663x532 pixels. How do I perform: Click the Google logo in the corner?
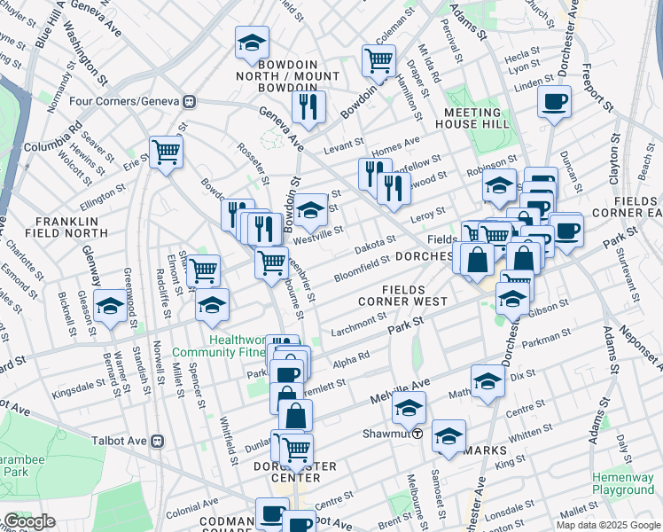tap(29, 522)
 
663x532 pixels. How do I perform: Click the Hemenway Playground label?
tap(624, 483)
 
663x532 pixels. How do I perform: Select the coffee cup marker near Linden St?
tap(555, 100)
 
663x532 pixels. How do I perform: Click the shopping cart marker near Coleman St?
tap(378, 60)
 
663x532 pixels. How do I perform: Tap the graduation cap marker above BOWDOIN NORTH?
tap(252, 42)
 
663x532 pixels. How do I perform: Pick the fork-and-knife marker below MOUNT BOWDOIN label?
tap(308, 106)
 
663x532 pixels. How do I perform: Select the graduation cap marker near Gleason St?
tap(111, 305)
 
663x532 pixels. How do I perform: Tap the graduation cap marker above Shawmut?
tap(409, 408)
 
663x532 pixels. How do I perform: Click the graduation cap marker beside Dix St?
tap(487, 380)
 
